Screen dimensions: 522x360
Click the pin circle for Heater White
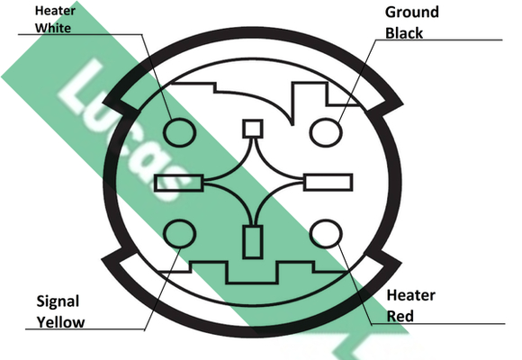click(179, 132)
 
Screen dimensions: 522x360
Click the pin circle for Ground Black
click(326, 132)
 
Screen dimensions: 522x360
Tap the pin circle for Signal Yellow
click(179, 234)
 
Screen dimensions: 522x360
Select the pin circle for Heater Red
click(326, 234)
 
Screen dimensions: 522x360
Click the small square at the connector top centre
click(253, 129)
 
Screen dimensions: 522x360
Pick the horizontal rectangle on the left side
click(179, 183)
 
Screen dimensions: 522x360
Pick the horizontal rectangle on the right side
click(328, 182)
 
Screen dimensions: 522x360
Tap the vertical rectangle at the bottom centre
click(253, 242)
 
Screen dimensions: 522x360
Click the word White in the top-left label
click(53, 28)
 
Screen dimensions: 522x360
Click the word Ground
click(412, 13)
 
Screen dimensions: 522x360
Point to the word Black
click(404, 33)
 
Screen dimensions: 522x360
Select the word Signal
click(58, 301)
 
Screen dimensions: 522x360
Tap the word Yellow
click(60, 322)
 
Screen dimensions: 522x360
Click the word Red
click(400, 317)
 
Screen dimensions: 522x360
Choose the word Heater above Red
click(411, 295)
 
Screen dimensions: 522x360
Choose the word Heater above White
click(55, 11)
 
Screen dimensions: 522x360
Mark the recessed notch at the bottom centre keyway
click(252, 273)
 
